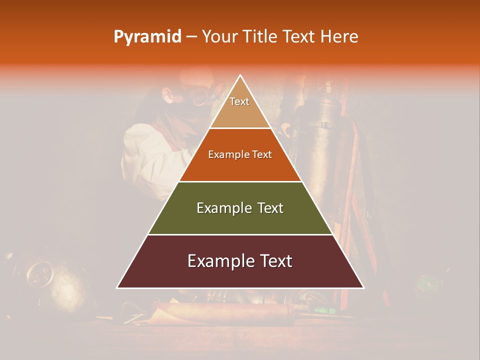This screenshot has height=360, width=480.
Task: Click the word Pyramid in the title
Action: coord(147,37)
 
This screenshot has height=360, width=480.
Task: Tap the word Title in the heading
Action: coord(264,36)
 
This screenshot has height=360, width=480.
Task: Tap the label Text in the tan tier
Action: coord(239,101)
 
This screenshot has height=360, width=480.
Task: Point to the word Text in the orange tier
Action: coord(262,154)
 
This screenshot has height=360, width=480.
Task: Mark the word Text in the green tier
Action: coord(271,208)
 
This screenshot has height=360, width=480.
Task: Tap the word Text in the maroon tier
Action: coord(275,261)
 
